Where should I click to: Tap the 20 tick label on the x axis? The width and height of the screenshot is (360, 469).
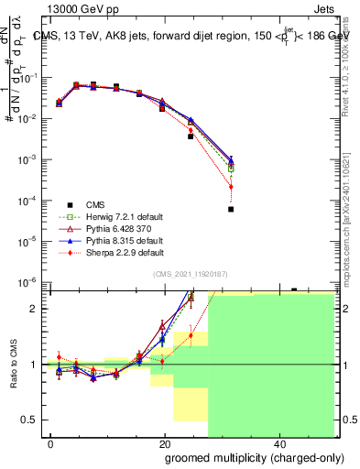(x=165, y=444)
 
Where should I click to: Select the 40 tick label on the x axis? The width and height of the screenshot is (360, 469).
(x=278, y=444)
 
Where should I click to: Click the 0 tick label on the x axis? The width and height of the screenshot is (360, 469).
(x=51, y=444)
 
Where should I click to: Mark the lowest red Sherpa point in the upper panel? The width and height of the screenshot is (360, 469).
(x=231, y=187)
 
